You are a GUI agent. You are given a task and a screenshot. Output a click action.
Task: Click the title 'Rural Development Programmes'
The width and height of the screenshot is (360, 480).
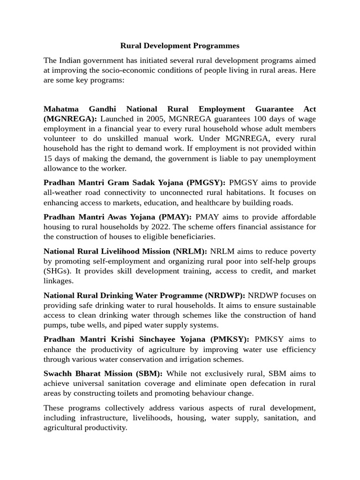pyautogui.click(x=180, y=45)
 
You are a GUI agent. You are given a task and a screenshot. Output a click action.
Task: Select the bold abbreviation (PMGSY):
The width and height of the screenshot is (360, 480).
pyautogui.click(x=206, y=182)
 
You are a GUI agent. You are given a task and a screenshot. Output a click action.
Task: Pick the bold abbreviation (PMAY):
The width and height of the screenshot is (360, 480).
pyautogui.click(x=175, y=217)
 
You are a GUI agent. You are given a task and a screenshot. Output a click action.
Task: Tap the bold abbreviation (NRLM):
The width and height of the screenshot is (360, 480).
pyautogui.click(x=190, y=251)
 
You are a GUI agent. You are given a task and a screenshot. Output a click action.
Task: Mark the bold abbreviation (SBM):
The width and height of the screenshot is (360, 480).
pyautogui.click(x=148, y=374)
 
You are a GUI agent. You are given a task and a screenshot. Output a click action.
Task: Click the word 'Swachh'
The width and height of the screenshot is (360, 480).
pyautogui.click(x=58, y=374)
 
